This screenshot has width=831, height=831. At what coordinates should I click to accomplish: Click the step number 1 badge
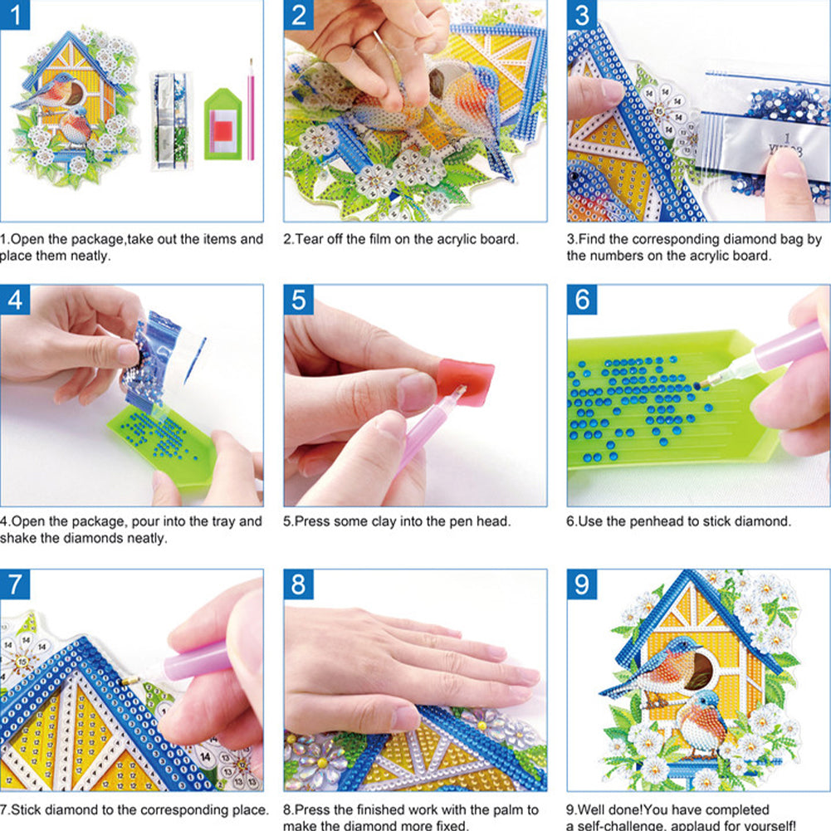pos(16,16)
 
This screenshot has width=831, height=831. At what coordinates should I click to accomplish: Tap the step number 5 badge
pos(300,301)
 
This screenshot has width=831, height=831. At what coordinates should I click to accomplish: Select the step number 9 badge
pos(584,584)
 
